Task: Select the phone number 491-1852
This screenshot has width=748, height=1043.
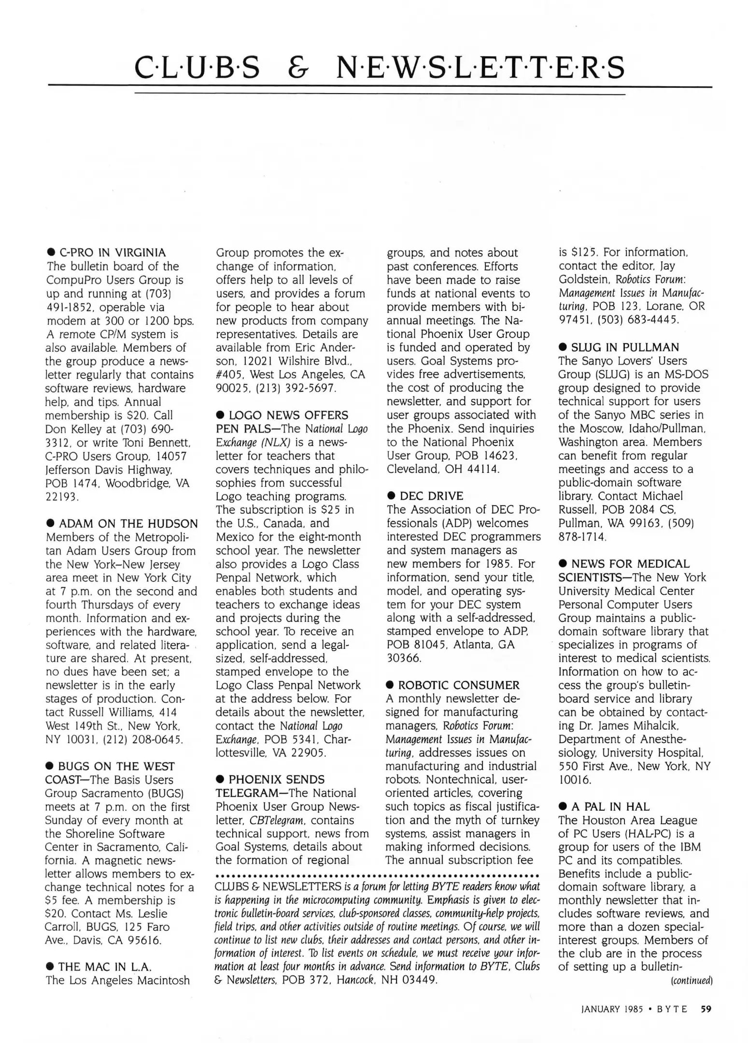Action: pos(71,307)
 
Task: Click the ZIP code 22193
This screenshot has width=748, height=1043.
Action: pos(62,496)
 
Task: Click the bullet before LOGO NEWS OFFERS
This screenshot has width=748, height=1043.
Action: pos(221,415)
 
